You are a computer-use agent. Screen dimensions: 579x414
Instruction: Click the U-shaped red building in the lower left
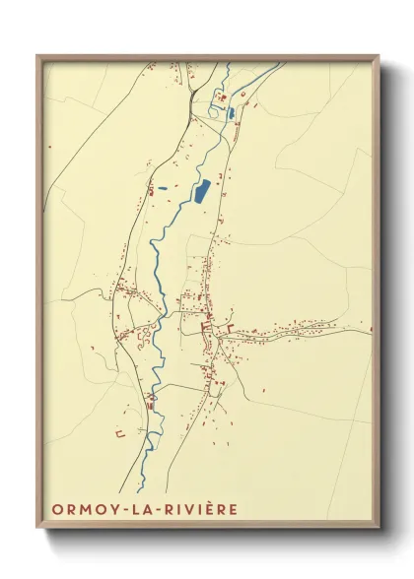pos(119,433)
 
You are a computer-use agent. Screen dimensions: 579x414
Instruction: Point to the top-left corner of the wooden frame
pos(37,56)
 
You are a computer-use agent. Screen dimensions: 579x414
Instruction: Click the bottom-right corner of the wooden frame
pos(379,528)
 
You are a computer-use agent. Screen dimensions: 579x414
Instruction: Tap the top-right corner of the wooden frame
pos(379,56)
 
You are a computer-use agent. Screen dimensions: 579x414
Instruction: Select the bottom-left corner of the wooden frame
pos(37,528)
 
